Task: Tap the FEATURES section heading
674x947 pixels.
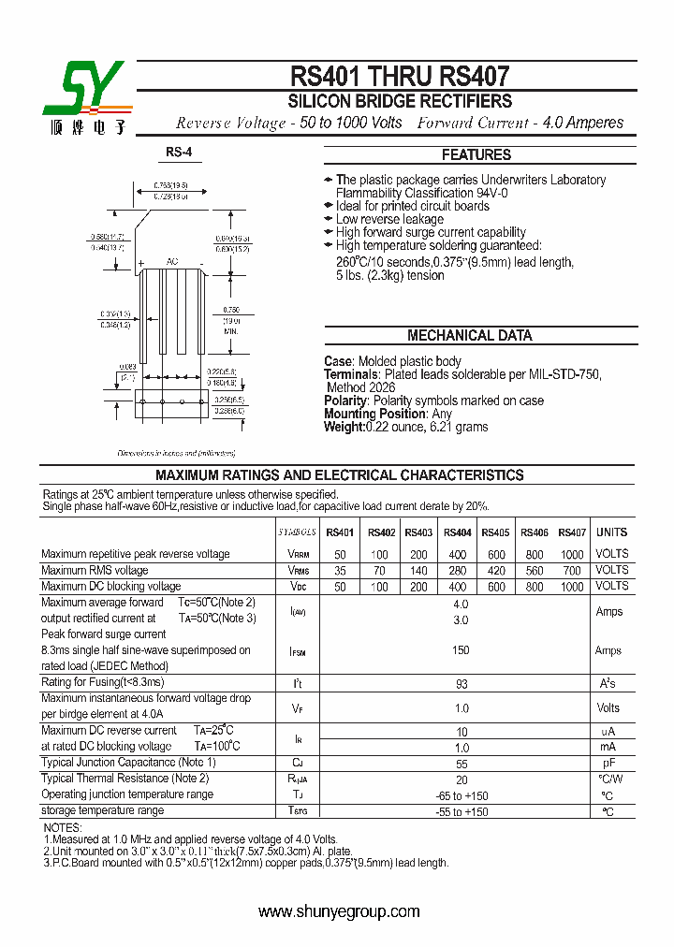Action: [476, 155]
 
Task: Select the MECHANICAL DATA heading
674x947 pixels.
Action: [470, 336]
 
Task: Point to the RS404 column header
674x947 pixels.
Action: [457, 532]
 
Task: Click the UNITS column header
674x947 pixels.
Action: [612, 532]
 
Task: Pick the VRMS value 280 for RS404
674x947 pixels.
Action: [457, 570]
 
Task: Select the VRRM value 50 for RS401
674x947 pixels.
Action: [340, 554]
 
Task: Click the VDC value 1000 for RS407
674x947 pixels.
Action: [571, 587]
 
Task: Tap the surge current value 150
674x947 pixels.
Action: [460, 650]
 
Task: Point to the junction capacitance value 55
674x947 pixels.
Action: [460, 764]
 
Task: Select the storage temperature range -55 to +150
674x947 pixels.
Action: [462, 811]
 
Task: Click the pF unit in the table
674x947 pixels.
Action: [608, 764]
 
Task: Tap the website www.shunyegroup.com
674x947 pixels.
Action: [338, 912]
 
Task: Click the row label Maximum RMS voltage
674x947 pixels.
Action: [95, 570]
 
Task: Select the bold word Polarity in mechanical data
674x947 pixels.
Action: [345, 401]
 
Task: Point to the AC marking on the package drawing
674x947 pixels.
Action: [172, 262]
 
